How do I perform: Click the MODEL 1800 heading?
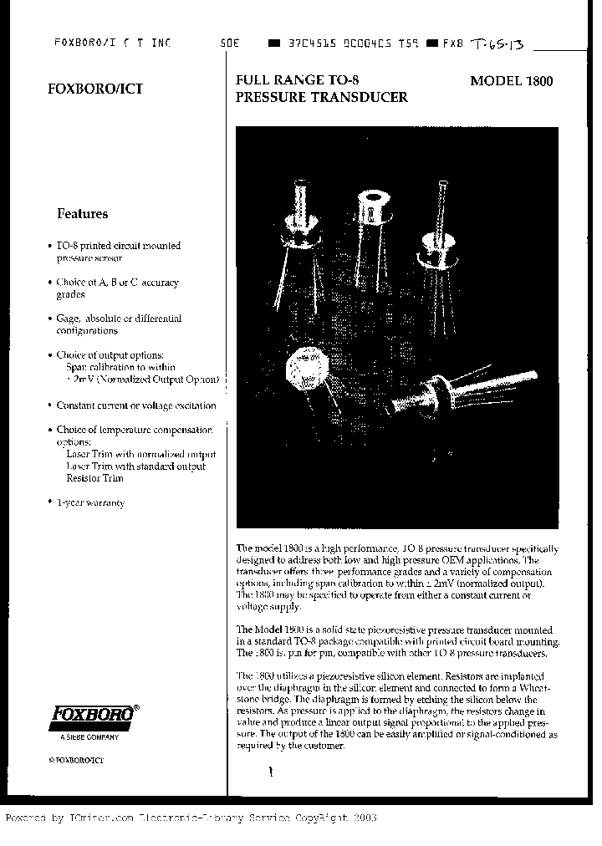tap(511, 81)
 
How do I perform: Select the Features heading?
tap(82, 213)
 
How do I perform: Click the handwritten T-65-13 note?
tap(498, 43)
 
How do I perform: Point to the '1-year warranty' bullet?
tap(90, 502)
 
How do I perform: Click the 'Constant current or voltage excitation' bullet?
tap(135, 405)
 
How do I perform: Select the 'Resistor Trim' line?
tap(94, 478)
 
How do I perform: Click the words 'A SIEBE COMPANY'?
tap(89, 736)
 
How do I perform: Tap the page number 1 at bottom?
tap(270, 773)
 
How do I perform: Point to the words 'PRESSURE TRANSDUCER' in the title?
tap(322, 97)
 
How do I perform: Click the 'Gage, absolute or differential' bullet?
tap(118, 319)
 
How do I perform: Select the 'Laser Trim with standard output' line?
tap(135, 466)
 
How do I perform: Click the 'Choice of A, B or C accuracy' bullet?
tap(117, 283)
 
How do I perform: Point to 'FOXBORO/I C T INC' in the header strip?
tap(111, 42)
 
